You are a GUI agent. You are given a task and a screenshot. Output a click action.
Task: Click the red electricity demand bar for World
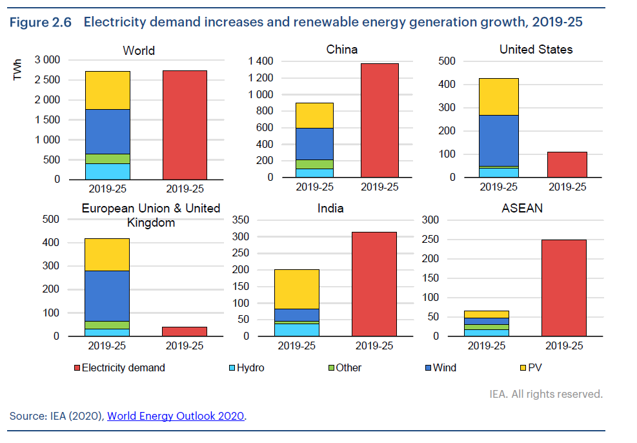(x=185, y=125)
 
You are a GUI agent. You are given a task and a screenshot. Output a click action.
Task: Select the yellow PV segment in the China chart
(x=314, y=115)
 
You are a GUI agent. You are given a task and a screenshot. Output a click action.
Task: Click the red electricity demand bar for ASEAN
(x=564, y=287)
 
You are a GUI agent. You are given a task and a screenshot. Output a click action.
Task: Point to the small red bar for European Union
(x=185, y=331)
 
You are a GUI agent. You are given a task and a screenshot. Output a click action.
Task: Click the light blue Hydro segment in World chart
(x=107, y=171)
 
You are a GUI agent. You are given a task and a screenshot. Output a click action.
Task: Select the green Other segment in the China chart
(x=314, y=164)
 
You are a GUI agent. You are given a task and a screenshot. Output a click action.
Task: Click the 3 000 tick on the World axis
(x=47, y=60)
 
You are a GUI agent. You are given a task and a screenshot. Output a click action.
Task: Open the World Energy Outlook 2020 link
(x=176, y=416)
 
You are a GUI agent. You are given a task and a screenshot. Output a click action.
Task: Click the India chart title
(x=330, y=209)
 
